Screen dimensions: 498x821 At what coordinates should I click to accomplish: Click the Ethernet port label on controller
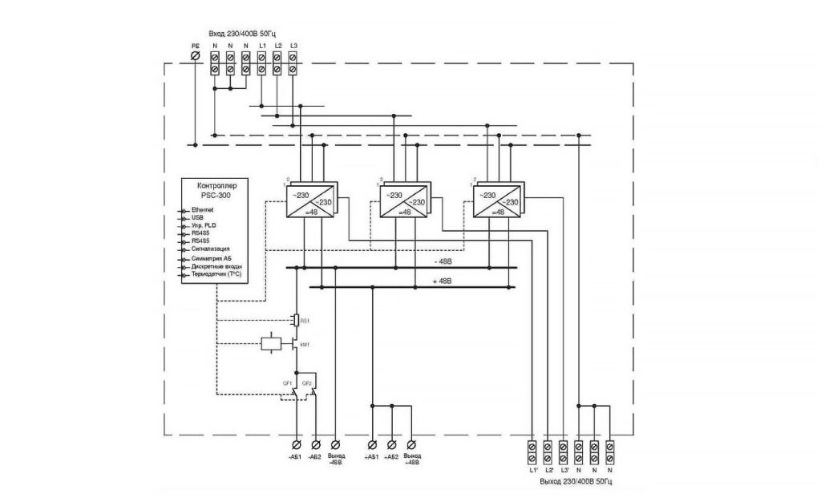pyautogui.click(x=203, y=209)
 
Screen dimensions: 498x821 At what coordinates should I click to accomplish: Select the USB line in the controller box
pyautogui.click(x=198, y=217)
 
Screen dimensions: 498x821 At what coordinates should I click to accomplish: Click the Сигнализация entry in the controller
pyautogui.click(x=211, y=249)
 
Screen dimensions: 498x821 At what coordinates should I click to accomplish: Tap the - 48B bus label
pyautogui.click(x=443, y=262)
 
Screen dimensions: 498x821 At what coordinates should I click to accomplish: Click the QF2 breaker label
pyautogui.click(x=306, y=384)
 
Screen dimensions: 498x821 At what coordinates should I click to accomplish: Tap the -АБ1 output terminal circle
pyautogui.click(x=297, y=443)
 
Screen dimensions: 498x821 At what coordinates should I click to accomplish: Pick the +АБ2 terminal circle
pyautogui.click(x=391, y=443)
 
